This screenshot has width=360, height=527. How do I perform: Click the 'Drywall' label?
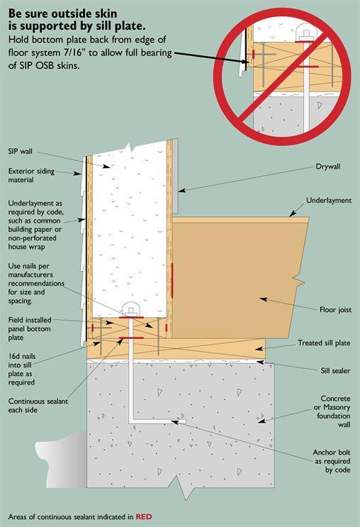(x=328, y=167)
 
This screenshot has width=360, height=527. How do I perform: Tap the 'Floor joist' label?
(x=335, y=309)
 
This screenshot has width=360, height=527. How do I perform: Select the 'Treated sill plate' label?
(x=324, y=343)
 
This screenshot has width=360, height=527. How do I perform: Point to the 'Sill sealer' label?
(x=335, y=371)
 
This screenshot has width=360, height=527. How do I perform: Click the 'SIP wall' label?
(x=20, y=151)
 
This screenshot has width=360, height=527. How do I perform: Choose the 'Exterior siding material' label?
(x=31, y=175)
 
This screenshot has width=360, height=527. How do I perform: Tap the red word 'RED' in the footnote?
(x=144, y=516)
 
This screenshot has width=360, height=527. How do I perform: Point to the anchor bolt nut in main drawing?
(x=131, y=310)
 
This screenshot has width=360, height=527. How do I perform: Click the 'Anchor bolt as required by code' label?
(x=332, y=461)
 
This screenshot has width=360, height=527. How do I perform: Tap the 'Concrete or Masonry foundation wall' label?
(x=332, y=411)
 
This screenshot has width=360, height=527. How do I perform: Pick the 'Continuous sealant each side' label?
(x=38, y=406)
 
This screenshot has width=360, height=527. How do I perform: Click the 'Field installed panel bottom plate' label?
(x=30, y=328)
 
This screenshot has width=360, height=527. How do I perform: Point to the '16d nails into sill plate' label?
(x=22, y=369)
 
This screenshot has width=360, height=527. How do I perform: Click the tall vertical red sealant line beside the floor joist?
(x=172, y=281)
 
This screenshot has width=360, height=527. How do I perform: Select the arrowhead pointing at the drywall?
(x=181, y=191)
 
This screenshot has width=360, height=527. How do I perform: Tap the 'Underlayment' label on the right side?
(x=329, y=200)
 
